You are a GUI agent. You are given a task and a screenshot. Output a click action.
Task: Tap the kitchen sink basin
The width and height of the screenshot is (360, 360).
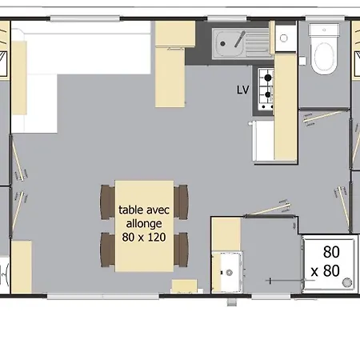tap(230, 44)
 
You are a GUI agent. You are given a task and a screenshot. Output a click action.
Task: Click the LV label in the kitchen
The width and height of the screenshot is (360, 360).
tap(242, 90)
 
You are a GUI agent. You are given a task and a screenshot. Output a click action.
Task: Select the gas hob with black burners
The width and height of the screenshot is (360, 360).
tap(266, 89)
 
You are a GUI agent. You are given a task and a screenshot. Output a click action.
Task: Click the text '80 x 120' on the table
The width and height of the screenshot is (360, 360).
tap(144, 237)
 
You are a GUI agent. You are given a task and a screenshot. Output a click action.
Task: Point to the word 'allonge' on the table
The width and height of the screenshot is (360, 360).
tap(144, 223)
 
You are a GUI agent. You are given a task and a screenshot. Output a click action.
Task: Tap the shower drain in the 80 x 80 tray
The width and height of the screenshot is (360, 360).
tap(347, 282)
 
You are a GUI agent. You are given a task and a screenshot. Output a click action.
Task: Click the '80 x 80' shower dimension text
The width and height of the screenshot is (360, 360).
tap(326, 262)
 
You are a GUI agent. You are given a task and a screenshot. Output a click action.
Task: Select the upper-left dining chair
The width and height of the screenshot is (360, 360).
tap(108, 202)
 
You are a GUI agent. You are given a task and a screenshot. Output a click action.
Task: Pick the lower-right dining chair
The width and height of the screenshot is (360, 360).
tap(181, 250)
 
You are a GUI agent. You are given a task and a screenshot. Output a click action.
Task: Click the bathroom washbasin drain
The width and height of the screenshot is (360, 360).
tap(229, 273)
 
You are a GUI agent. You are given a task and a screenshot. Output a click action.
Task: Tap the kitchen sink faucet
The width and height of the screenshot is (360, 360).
tap(240, 39)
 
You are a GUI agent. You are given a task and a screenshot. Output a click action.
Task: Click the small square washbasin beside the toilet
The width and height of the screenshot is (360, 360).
tap(286, 38)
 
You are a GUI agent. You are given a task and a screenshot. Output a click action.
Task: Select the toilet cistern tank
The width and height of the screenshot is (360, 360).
tap(324, 30)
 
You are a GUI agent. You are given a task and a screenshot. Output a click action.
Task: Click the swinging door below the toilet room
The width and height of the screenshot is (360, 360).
tap(323, 117)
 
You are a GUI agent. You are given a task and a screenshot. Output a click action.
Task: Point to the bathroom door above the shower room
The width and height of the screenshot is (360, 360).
tap(268, 209)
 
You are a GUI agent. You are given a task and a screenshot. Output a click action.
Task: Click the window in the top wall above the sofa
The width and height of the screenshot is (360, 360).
tap(85, 18)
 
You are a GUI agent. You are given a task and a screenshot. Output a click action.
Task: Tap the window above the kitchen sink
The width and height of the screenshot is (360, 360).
tap(227, 18)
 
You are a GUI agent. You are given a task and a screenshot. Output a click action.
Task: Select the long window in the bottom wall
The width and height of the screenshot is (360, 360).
tap(103, 296)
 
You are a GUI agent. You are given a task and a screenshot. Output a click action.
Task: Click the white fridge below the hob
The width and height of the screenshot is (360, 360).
tap(263, 141)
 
